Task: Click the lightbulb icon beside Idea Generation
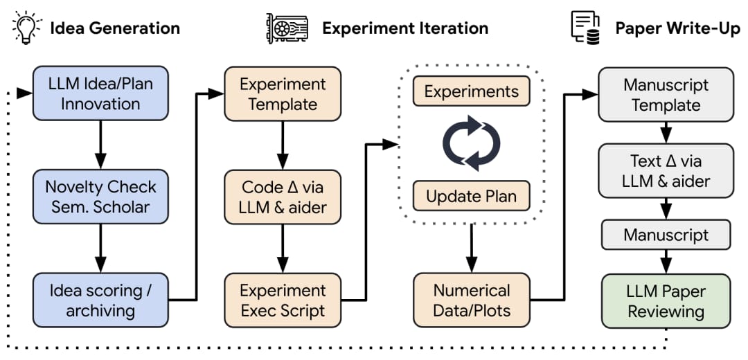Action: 27,27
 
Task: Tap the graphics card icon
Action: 287,28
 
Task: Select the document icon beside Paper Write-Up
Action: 585,28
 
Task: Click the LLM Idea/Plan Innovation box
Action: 100,93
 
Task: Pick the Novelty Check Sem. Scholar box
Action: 100,197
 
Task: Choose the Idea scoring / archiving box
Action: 100,300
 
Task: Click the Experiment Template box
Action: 283,93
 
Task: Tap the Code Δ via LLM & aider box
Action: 283,197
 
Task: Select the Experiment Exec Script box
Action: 283,300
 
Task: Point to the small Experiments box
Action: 472,91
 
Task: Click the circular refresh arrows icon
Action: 472,143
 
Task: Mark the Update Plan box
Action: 472,195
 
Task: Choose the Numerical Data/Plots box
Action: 472,300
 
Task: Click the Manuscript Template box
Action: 666,95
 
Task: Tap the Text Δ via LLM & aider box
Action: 666,171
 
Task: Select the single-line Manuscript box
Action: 666,235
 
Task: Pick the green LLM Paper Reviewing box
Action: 666,301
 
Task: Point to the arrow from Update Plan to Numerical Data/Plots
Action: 472,248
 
